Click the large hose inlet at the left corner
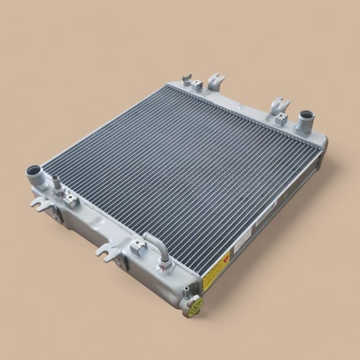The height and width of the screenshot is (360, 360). [33, 171]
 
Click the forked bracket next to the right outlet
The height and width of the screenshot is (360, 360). [281, 104]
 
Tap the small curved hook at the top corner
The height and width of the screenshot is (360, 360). [188, 79]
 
